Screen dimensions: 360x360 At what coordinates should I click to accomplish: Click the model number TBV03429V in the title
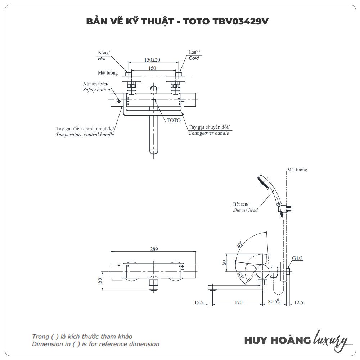(x=243, y=21)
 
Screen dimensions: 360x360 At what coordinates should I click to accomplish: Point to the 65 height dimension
(x=100, y=280)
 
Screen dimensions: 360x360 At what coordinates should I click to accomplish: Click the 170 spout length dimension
(x=238, y=302)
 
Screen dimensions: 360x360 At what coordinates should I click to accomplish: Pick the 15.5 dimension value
(x=199, y=302)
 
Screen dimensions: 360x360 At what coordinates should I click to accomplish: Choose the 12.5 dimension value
(x=298, y=302)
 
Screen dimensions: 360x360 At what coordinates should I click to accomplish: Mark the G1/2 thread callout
(x=297, y=258)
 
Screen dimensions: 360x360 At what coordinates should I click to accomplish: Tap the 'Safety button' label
(x=96, y=90)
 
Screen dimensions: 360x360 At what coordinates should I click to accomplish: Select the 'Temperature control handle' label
(x=85, y=135)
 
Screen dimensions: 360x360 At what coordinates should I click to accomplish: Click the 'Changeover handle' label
(x=208, y=133)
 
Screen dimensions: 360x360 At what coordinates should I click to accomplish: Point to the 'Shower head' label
(x=245, y=210)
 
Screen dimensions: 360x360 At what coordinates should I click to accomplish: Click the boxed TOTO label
(x=174, y=121)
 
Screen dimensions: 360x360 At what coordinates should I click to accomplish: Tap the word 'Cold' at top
(x=194, y=58)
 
